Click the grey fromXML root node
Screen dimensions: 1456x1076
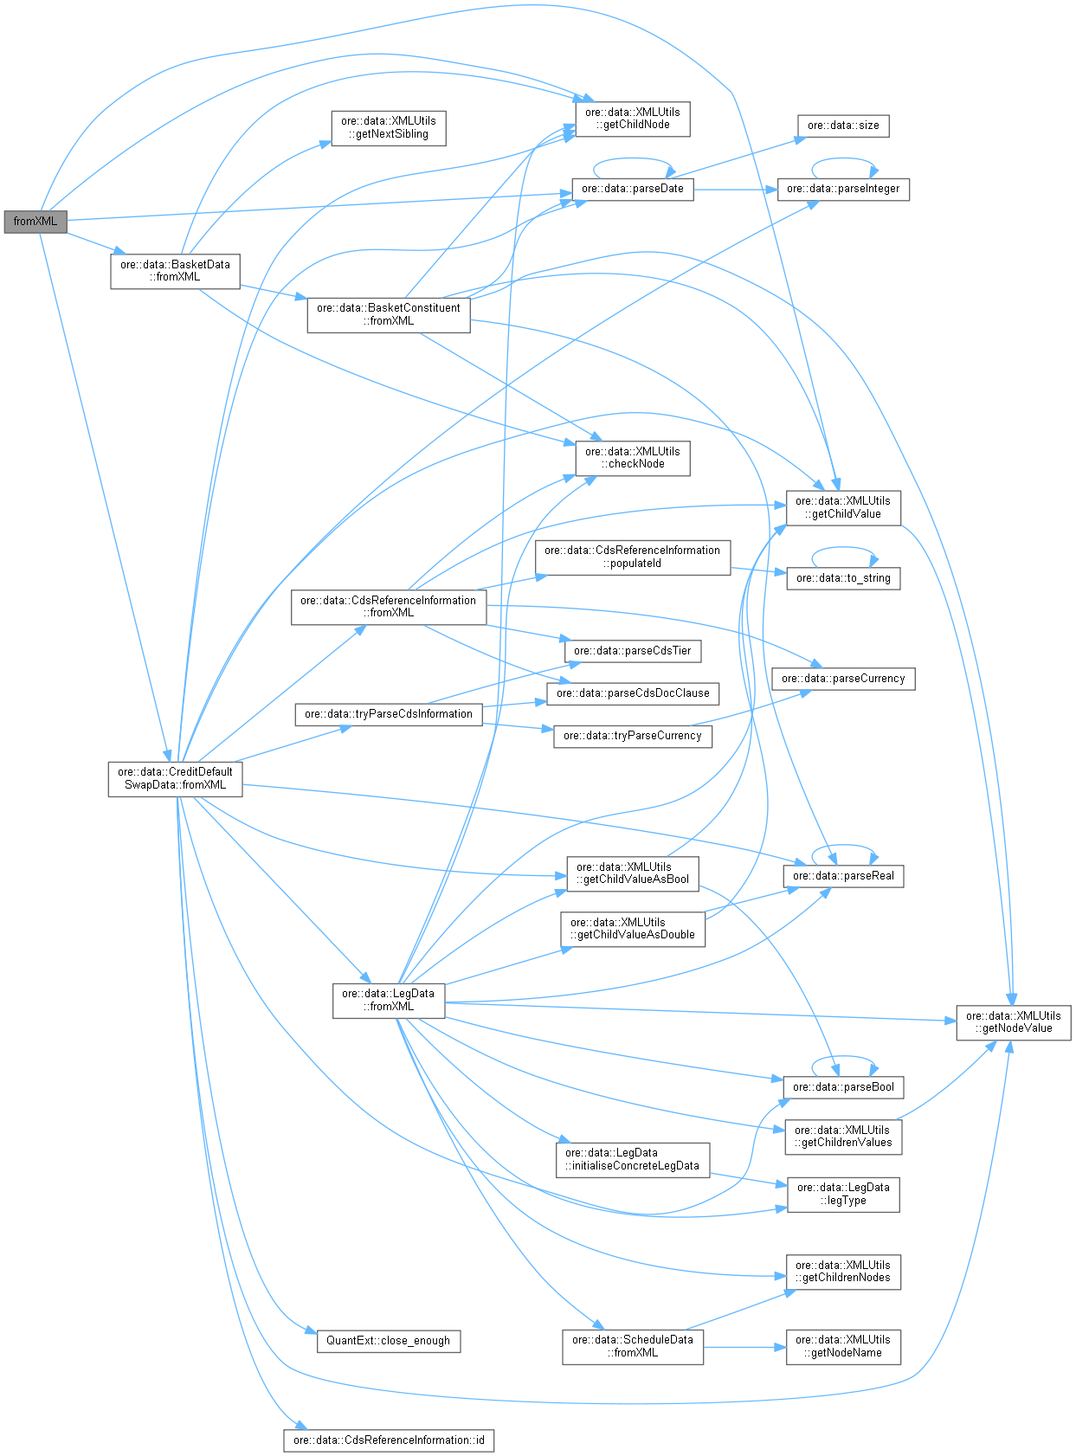coord(35,222)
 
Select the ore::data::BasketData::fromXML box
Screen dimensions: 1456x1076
coord(175,271)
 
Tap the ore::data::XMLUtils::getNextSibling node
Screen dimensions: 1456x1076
coord(389,128)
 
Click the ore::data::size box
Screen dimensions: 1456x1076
coord(843,126)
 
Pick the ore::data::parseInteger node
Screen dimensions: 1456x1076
coord(843,189)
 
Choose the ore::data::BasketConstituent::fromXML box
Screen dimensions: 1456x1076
coord(389,314)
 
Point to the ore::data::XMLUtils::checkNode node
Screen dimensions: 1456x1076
coord(633,458)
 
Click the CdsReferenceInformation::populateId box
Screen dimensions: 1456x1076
coord(633,557)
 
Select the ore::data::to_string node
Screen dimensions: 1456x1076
coord(843,578)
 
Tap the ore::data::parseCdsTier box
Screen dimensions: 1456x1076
coord(633,651)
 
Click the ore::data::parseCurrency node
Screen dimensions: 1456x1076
coord(843,679)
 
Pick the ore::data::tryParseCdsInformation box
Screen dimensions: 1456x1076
coord(389,714)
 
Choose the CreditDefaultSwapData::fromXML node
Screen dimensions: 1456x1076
coord(175,778)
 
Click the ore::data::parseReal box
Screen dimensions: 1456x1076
coord(843,876)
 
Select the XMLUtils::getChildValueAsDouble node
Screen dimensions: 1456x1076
coord(633,929)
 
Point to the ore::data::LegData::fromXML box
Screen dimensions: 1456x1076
coord(389,1000)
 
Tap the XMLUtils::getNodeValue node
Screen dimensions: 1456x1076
coord(1013,1022)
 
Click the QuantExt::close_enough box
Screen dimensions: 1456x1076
coord(389,1341)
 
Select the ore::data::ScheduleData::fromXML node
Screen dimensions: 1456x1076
coord(633,1346)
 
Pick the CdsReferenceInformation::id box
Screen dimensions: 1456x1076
coord(389,1440)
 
